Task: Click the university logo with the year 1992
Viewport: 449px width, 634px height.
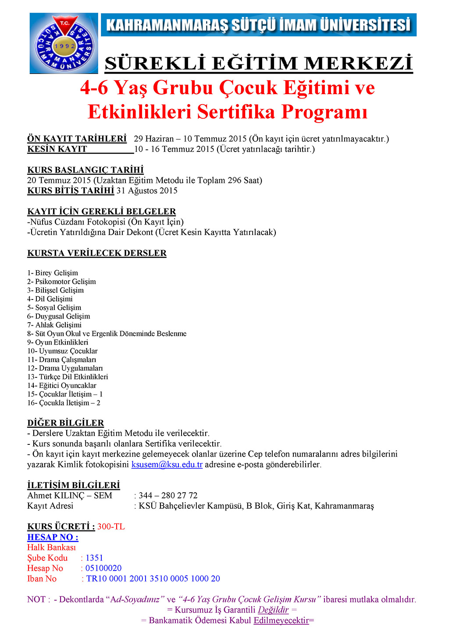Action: [64, 43]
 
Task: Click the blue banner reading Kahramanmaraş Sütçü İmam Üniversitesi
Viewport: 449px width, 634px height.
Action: [259, 25]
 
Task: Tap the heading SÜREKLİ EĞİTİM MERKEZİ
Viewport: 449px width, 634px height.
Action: [259, 64]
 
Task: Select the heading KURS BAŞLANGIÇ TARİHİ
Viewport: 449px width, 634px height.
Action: [86, 170]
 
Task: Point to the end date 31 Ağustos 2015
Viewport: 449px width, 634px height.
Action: [147, 190]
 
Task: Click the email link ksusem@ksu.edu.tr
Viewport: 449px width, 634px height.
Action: [167, 465]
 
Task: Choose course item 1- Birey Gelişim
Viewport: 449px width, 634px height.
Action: [53, 273]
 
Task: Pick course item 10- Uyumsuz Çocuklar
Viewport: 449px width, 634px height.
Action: [62, 351]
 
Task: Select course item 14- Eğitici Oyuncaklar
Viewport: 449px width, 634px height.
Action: [62, 386]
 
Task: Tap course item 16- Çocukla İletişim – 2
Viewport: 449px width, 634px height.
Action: [64, 403]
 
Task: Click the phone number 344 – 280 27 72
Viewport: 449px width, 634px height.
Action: [168, 496]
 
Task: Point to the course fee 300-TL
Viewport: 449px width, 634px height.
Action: [111, 527]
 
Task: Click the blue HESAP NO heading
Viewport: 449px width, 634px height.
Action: [53, 537]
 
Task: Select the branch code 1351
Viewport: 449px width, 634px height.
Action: [94, 558]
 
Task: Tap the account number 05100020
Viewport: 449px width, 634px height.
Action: [103, 568]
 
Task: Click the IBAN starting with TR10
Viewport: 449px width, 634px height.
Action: [153, 579]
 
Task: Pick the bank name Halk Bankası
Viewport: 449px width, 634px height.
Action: [51, 547]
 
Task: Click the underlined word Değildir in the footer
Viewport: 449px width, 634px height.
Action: [273, 610]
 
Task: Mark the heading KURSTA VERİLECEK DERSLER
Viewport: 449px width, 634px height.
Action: [97, 253]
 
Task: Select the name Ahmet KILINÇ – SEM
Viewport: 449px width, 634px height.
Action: [70, 496]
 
